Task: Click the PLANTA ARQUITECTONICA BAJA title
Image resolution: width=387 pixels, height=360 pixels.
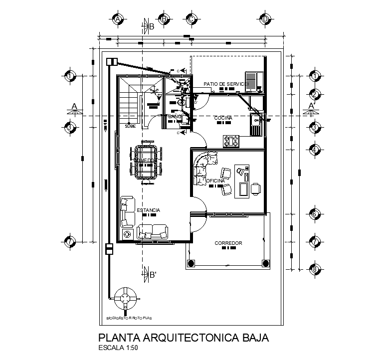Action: point(184,338)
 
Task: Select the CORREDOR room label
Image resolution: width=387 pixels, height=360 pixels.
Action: point(228,243)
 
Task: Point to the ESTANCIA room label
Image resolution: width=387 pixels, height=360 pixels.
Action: point(148,210)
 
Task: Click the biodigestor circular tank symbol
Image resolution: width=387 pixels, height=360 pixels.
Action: point(126,299)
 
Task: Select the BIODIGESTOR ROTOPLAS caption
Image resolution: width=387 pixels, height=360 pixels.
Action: point(129,317)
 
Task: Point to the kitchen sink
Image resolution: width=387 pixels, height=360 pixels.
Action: point(256,120)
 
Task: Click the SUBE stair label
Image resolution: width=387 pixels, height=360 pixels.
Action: point(130,126)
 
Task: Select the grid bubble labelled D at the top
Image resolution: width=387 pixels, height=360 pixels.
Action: point(265,19)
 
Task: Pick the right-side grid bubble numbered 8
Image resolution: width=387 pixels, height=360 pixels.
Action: point(315,269)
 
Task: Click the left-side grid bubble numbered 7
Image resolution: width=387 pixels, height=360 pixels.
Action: point(70,241)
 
